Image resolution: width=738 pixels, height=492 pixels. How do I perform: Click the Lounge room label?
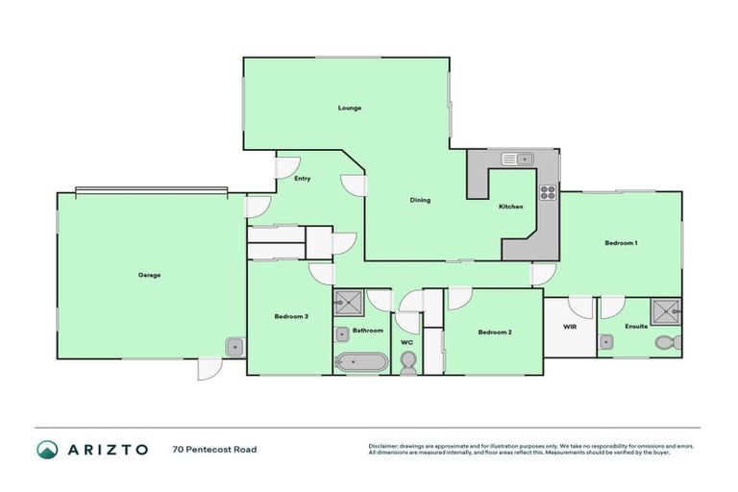click(x=349, y=108)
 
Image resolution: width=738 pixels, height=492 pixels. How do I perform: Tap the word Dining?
click(x=420, y=200)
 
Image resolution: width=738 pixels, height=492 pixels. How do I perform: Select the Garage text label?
click(x=149, y=275)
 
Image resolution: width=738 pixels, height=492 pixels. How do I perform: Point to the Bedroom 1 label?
click(x=621, y=243)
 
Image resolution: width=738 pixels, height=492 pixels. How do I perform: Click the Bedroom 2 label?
click(x=495, y=332)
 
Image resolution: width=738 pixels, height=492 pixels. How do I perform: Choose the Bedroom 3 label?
click(x=290, y=316)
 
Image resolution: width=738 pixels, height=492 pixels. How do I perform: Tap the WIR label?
click(x=569, y=327)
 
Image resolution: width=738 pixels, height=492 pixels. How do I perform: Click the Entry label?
click(x=303, y=178)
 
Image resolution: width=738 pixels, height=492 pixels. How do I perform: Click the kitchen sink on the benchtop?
click(x=523, y=159)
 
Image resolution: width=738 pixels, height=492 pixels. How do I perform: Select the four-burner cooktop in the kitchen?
click(x=548, y=191)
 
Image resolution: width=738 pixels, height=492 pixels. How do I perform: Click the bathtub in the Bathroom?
click(x=361, y=362)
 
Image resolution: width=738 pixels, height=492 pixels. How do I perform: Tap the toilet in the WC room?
click(x=407, y=361)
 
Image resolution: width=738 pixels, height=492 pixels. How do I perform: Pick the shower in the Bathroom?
click(x=348, y=305)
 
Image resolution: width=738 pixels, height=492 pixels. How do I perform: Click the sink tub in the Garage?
click(x=234, y=346)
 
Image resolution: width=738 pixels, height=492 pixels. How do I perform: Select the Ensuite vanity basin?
click(x=605, y=341)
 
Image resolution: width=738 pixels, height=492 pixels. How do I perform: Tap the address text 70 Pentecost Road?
click(x=214, y=449)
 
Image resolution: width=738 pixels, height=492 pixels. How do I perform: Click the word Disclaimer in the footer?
click(x=384, y=446)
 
